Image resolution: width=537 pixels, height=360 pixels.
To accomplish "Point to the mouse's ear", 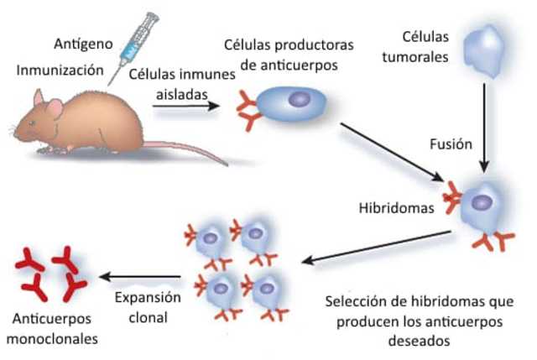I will point(53,108).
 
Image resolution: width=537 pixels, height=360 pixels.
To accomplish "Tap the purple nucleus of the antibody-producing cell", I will point(300,100).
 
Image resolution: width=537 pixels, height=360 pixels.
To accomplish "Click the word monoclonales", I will point(52,339).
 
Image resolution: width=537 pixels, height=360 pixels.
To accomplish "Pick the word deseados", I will point(417,341).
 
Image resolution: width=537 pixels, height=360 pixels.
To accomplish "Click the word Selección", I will point(357,300).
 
